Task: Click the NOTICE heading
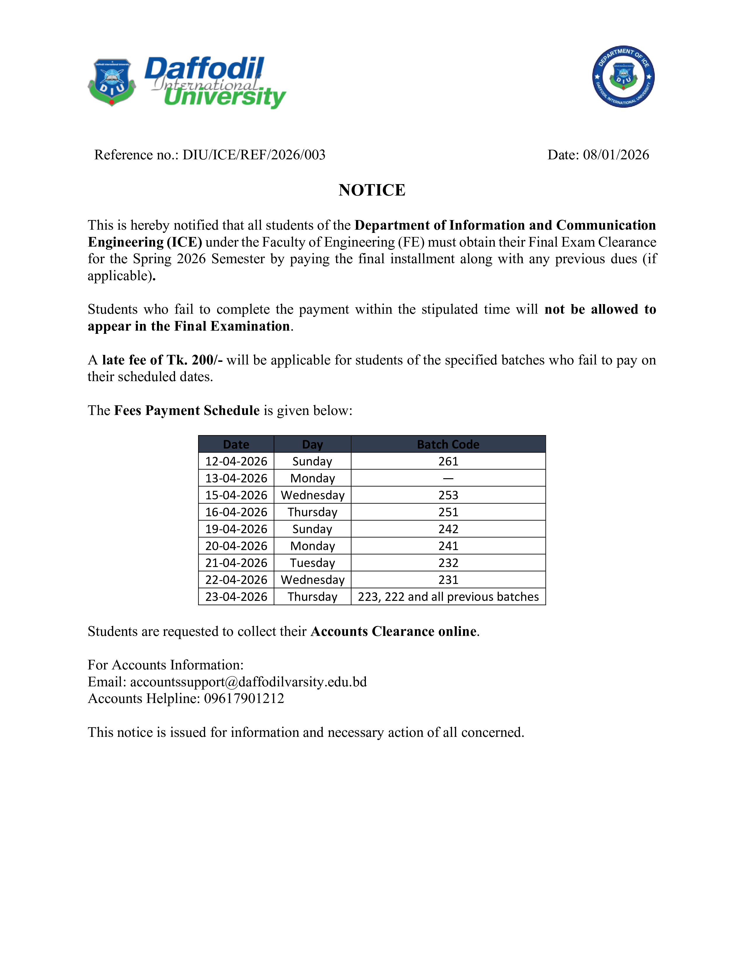(x=371, y=190)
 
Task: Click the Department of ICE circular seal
(x=623, y=77)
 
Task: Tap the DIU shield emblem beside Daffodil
(x=112, y=82)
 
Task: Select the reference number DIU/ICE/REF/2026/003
(x=254, y=155)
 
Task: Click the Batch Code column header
(x=448, y=444)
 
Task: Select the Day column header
(x=312, y=444)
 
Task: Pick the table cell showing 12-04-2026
(x=236, y=461)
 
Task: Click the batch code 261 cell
(x=448, y=461)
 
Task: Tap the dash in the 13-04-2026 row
(x=448, y=478)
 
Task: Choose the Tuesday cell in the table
(x=312, y=563)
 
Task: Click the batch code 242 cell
(x=448, y=529)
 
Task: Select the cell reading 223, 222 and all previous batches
(x=448, y=596)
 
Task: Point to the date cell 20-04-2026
(x=236, y=546)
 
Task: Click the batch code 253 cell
(x=448, y=495)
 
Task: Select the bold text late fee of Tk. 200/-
(x=162, y=360)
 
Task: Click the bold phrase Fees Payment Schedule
(x=187, y=411)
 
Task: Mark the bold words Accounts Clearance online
(x=394, y=631)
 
